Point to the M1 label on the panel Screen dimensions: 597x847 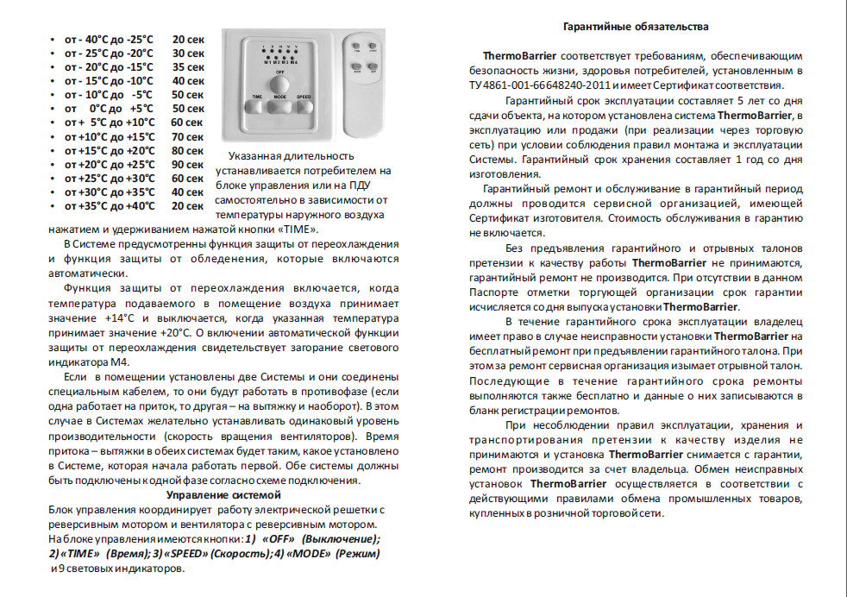point(267,63)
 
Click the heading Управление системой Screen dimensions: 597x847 point(223,495)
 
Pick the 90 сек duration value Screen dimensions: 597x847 point(188,165)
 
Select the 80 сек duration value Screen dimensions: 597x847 point(188,151)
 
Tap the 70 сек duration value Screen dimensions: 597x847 point(188,137)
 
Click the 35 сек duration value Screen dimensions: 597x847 point(188,67)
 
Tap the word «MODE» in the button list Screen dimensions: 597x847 point(302,553)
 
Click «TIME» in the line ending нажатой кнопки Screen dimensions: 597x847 point(298,229)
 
